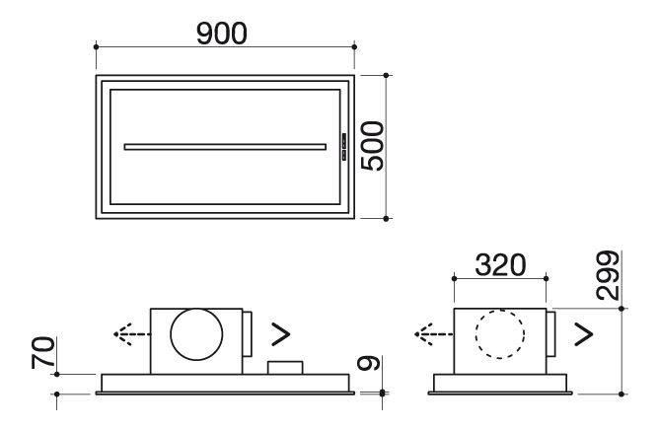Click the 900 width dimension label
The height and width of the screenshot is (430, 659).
pyautogui.click(x=222, y=34)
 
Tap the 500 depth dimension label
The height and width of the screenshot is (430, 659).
pyautogui.click(x=373, y=146)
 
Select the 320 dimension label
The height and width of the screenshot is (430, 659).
pyautogui.click(x=500, y=265)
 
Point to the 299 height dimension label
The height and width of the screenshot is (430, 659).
pyautogui.click(x=608, y=275)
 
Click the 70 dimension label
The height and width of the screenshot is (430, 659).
pyautogui.click(x=43, y=353)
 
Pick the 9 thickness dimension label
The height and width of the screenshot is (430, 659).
pyautogui.click(x=369, y=363)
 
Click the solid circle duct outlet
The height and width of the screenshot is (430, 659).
pyautogui.click(x=196, y=334)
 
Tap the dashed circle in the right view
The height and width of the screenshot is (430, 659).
pyautogui.click(x=500, y=334)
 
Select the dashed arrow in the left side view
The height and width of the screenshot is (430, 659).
pyautogui.click(x=132, y=334)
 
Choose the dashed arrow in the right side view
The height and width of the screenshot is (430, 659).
pyautogui.click(x=434, y=334)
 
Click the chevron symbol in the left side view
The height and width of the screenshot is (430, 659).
pyautogui.click(x=281, y=334)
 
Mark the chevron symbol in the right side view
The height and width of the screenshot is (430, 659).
pyautogui.click(x=583, y=334)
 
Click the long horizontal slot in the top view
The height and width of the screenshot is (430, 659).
pyautogui.click(x=225, y=147)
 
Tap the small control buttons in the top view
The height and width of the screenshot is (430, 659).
pyautogui.click(x=344, y=147)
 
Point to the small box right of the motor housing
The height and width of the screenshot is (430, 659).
pyautogui.click(x=285, y=367)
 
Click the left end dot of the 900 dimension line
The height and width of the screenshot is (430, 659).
pyautogui.click(x=97, y=46)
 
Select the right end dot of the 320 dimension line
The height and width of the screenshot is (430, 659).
pyautogui.click(x=546, y=278)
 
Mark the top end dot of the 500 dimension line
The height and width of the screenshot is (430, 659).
pyautogui.click(x=386, y=75)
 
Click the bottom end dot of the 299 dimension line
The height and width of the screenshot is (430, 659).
pyautogui.click(x=622, y=394)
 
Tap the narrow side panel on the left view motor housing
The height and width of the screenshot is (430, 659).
pyautogui.click(x=247, y=334)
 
